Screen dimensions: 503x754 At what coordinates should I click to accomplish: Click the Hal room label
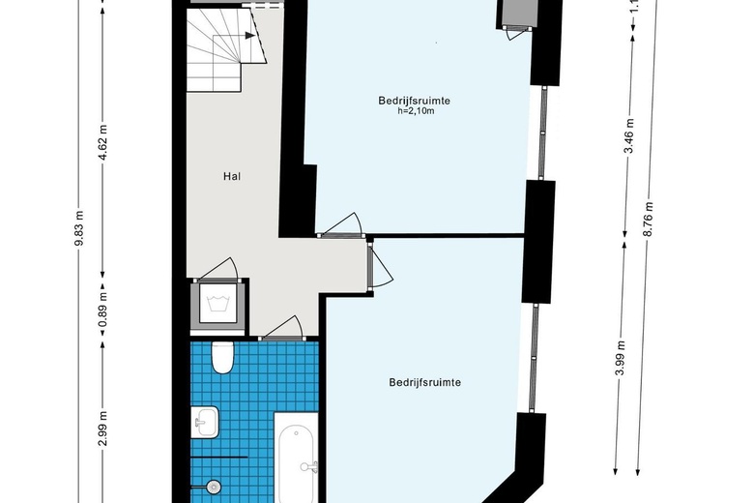230,177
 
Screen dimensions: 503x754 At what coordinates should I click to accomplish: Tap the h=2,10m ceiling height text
415,112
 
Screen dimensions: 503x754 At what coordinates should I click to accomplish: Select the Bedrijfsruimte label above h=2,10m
415,100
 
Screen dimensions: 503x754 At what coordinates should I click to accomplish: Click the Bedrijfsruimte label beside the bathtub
424,382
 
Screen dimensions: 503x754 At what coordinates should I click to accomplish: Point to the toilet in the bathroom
223,357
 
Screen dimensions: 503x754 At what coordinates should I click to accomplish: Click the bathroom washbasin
205,421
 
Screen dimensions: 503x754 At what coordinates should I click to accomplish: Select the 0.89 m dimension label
102,317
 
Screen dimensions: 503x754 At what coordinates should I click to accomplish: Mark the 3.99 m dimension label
620,357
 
